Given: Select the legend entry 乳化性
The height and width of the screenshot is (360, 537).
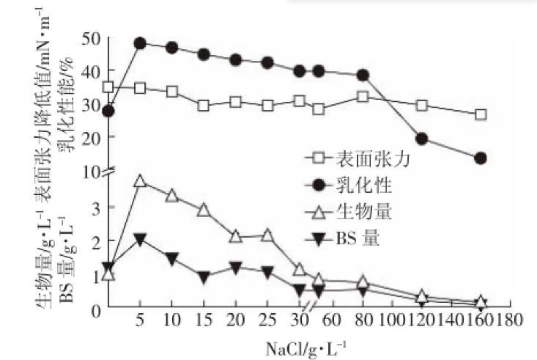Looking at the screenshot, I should coord(355,185).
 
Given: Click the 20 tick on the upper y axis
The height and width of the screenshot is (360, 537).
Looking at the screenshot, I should coord(91,136).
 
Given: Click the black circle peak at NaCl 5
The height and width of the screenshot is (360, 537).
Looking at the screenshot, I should coord(139,43).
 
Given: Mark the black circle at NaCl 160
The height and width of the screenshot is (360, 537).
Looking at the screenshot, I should coord(481,158).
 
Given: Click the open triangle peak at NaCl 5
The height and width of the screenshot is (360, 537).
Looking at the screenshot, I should coord(139,181).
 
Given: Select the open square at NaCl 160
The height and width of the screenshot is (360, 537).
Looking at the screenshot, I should coord(481,114).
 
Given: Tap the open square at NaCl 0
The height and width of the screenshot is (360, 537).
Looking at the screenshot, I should coord(108,87).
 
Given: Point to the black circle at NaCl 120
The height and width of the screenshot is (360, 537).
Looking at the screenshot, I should coord(421,139).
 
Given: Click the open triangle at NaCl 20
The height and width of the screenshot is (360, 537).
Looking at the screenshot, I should coord(235,236).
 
